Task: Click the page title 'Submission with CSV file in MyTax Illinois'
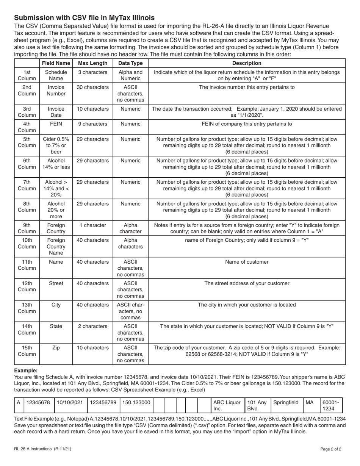click(x=84, y=18)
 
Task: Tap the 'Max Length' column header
click(x=92, y=63)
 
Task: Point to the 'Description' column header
click(x=247, y=63)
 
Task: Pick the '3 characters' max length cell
click(x=92, y=72)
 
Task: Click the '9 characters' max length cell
click(x=92, y=124)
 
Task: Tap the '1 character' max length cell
click(x=92, y=225)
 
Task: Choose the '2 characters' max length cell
click(x=92, y=326)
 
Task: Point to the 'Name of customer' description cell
click(x=247, y=262)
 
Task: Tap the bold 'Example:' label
click(x=26, y=370)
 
